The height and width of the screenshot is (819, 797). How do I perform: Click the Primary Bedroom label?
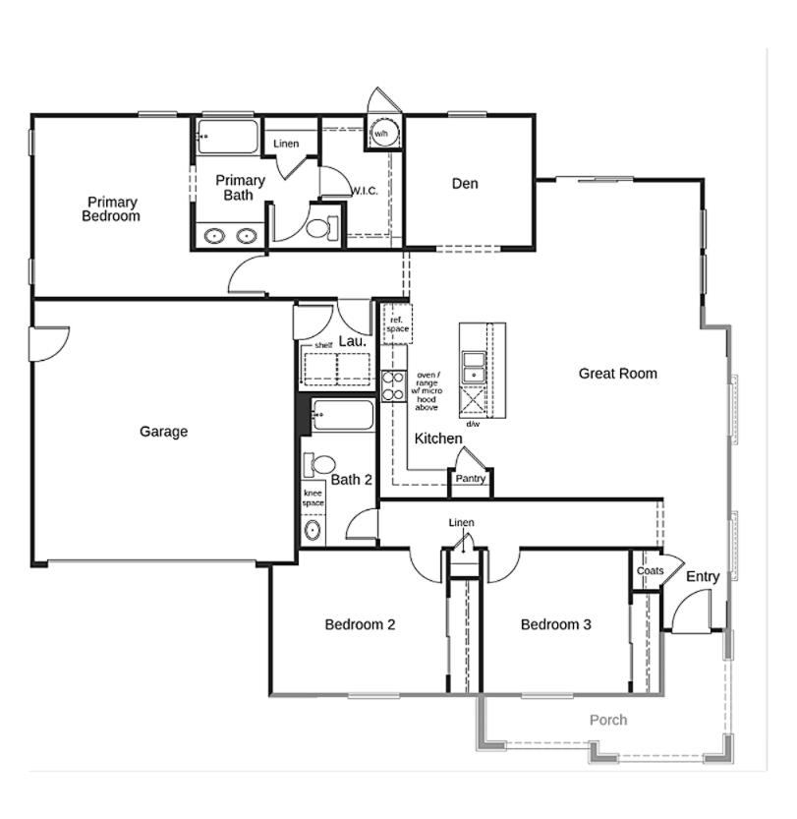[x=110, y=209]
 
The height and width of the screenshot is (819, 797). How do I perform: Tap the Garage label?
[x=163, y=432]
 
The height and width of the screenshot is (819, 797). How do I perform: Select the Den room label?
[x=465, y=184]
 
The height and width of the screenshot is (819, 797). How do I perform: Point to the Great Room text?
[x=617, y=374]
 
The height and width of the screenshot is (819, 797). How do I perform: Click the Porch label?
[x=607, y=720]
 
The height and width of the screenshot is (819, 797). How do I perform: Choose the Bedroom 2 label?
[x=360, y=624]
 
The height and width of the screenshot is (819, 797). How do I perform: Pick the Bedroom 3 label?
[x=555, y=624]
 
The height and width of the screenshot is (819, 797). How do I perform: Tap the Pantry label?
[x=470, y=479]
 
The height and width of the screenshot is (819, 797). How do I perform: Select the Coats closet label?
[x=650, y=571]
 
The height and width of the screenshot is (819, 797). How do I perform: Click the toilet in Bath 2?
[x=319, y=464]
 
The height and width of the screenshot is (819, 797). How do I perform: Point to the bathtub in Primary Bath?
[x=227, y=137]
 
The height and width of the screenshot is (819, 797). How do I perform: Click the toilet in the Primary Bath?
[x=319, y=228]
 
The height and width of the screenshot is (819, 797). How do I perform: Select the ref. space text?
[x=397, y=324]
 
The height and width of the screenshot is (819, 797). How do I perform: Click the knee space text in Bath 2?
[x=313, y=497]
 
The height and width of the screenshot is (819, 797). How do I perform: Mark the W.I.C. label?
[x=364, y=191]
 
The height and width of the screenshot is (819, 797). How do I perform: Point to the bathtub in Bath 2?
[x=343, y=416]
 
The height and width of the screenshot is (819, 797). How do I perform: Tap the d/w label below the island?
[x=473, y=424]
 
